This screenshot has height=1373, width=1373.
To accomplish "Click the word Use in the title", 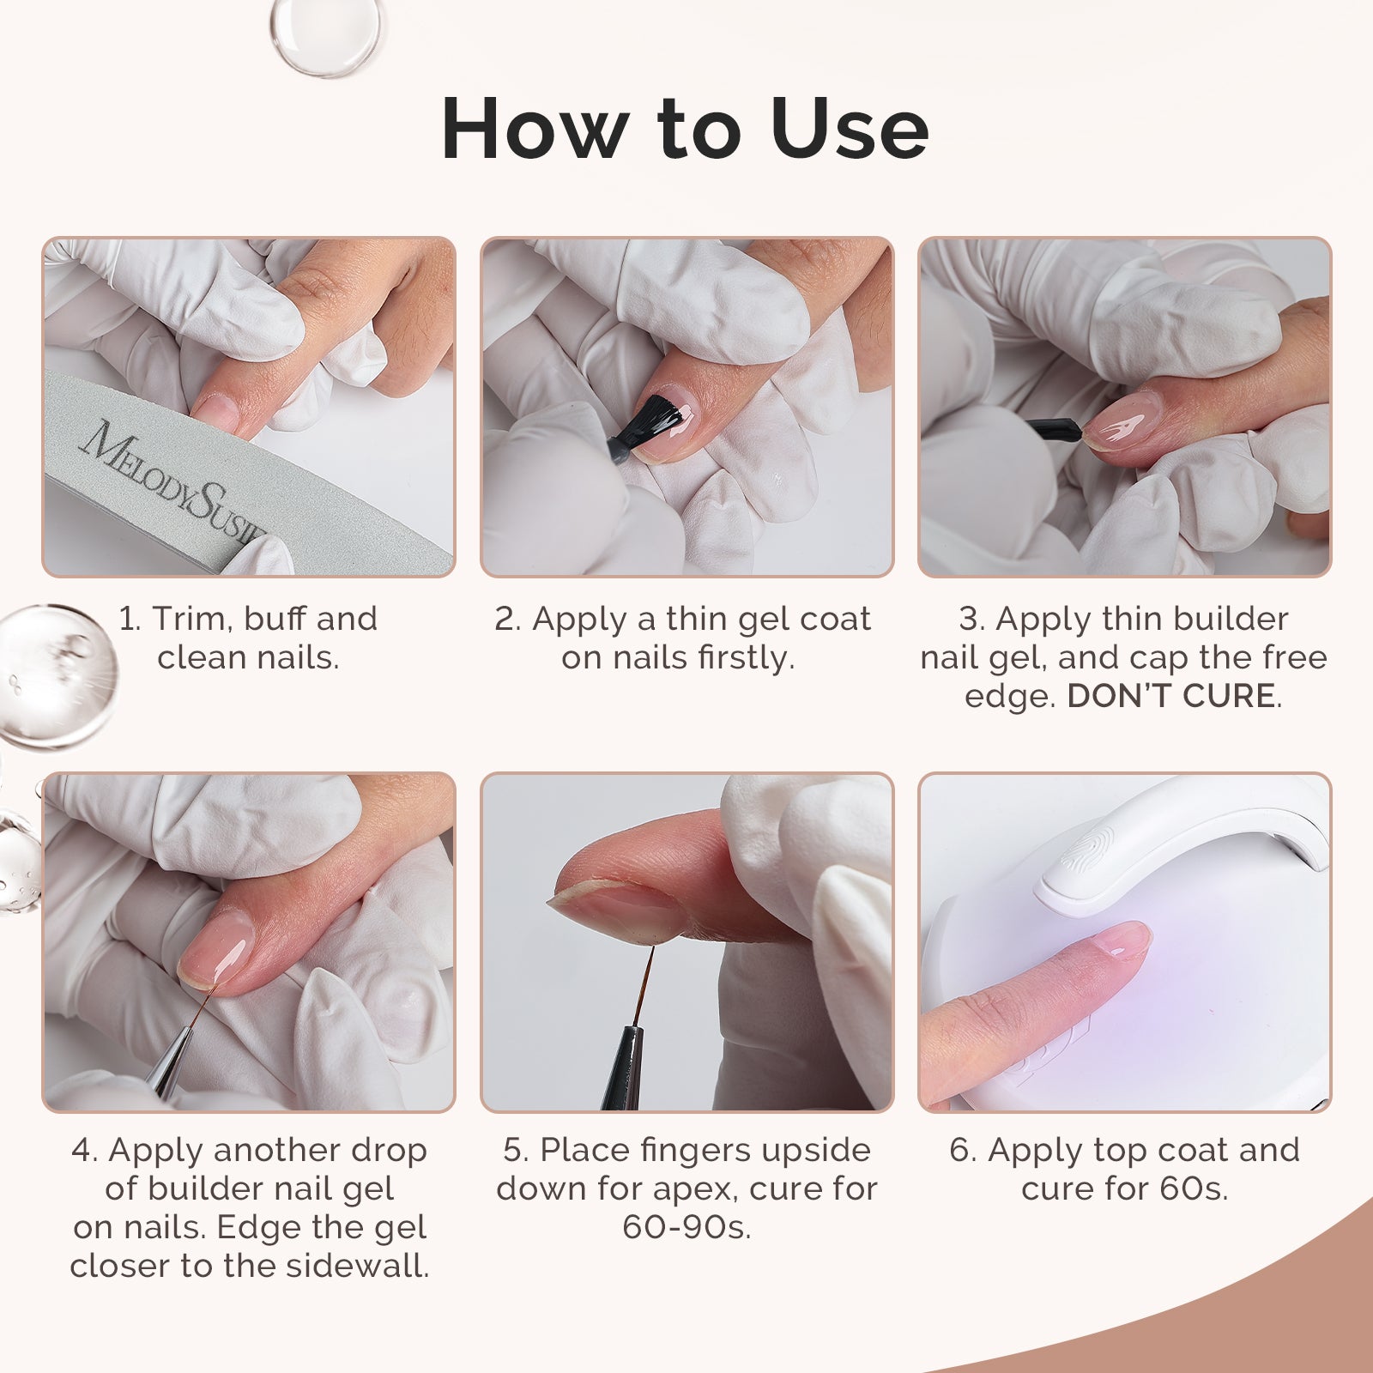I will pos(849,129).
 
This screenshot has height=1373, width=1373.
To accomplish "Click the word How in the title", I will pos(533,129).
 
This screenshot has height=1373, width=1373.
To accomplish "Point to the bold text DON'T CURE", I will pos(1170,696).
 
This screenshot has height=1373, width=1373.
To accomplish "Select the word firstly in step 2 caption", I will pos(745,658).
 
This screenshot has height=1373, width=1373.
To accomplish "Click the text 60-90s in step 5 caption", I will pos(686,1227).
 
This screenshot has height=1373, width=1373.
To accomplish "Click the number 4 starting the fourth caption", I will pos(83,1150).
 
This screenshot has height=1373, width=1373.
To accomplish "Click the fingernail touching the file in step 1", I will pos(216,410).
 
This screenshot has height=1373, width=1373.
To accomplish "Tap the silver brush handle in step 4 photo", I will pos(167,1064).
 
